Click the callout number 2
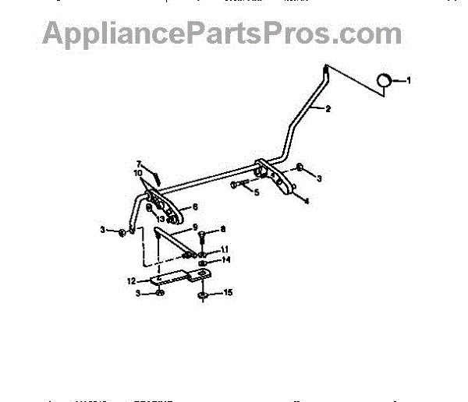click(328, 109)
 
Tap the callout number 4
click(306, 201)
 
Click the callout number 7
click(139, 164)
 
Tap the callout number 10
click(138, 173)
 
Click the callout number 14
click(225, 259)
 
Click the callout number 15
click(228, 294)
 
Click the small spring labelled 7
click(155, 175)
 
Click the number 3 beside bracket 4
click(318, 178)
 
